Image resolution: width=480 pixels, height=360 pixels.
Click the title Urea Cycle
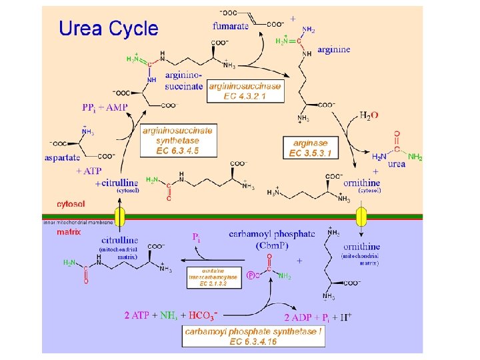[109, 29]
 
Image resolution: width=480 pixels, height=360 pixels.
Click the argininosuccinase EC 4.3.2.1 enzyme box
[245, 91]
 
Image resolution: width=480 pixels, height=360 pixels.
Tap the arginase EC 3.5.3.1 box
[311, 148]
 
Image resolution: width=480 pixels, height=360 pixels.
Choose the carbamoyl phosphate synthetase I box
[253, 336]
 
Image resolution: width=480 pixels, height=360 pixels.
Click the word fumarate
[231, 27]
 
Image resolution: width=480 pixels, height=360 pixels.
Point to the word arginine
[334, 50]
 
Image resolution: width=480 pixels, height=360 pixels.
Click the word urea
[396, 164]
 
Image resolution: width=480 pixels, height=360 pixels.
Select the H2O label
[369, 115]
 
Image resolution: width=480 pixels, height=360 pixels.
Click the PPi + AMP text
[105, 107]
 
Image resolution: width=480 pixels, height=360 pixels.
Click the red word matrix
[69, 233]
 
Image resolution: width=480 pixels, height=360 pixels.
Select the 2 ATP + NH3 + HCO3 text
[171, 315]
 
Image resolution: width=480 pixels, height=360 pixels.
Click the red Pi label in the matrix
[197, 237]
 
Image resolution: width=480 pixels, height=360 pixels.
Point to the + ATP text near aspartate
[88, 171]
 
